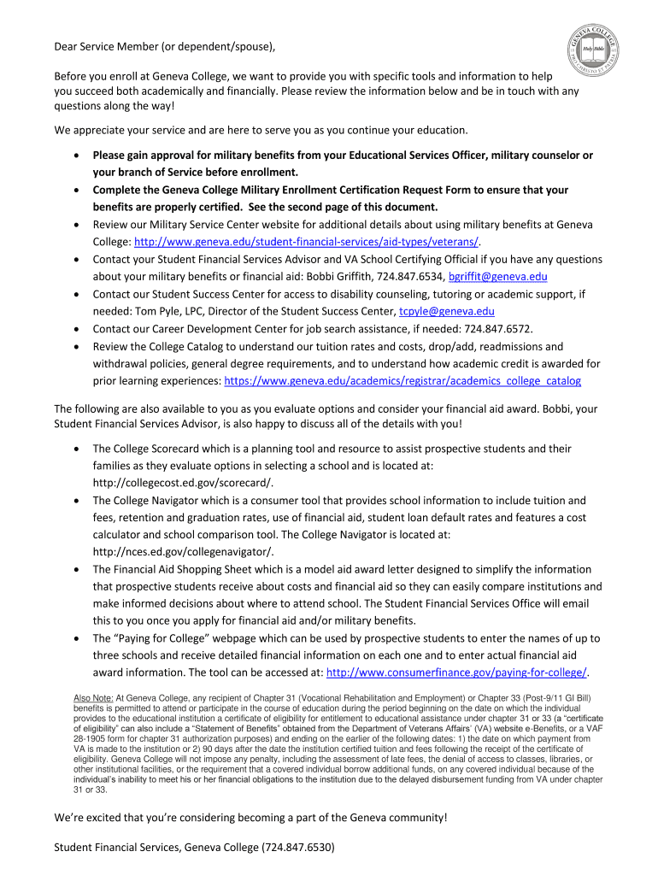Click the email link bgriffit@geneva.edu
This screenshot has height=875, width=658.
[x=497, y=277]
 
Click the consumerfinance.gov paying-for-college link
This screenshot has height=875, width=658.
[x=457, y=672]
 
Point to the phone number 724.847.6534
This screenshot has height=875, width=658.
[x=407, y=277]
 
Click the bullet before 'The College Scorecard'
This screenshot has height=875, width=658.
[x=78, y=449]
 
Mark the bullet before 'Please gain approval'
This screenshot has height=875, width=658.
[x=78, y=156]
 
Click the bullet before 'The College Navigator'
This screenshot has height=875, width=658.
[x=78, y=501]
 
